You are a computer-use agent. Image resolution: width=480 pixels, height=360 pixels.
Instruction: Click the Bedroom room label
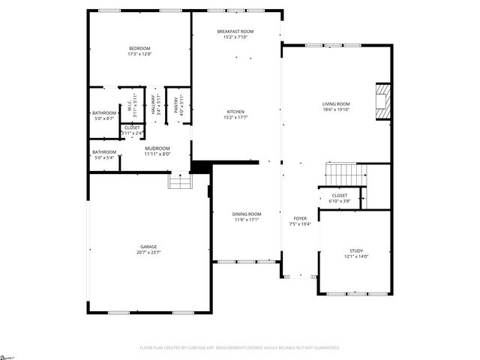pos(139,49)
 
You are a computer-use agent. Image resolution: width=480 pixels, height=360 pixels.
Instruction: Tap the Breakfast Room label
pos(235,31)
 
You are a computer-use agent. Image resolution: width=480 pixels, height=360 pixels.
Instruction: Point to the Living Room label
pos(336,104)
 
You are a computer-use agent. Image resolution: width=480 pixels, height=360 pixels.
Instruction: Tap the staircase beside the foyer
pos(345,173)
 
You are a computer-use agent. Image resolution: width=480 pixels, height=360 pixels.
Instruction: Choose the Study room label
pos(356,250)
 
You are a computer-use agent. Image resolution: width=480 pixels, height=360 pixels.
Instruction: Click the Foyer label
pos(299,218)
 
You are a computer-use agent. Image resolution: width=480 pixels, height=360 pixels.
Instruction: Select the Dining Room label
pos(247,214)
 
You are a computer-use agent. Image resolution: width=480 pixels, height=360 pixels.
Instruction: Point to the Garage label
pos(149,246)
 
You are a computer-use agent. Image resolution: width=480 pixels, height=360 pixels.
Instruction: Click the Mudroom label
pos(157,148)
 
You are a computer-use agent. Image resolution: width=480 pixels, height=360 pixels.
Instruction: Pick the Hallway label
pos(153,104)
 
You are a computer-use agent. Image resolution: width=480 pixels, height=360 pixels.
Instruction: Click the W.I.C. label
pos(129,104)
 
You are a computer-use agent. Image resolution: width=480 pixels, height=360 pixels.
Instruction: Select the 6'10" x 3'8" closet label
pos(340,197)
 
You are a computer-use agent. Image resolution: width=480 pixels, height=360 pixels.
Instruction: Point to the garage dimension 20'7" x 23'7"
pos(149,252)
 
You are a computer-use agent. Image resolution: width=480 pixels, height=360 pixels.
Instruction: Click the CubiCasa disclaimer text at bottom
pos(240,348)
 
